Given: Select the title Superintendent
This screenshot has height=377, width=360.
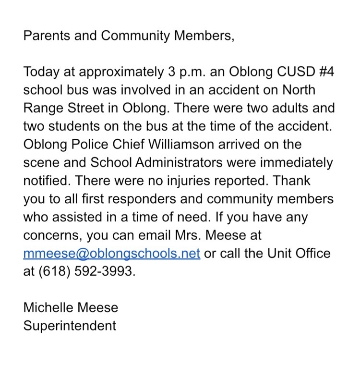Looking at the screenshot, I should pos(70,326).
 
